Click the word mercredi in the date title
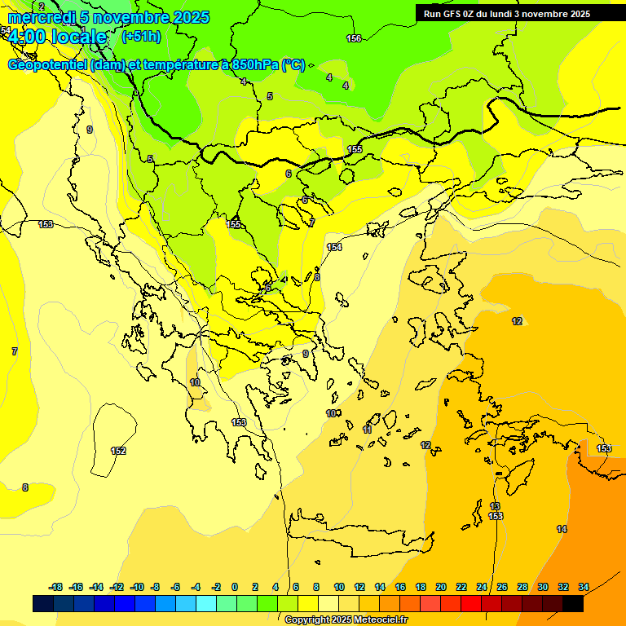pos(42,17)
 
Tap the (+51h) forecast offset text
pos(141,36)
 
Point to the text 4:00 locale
pos(57,37)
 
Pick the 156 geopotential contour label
pos(354,38)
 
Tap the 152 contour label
pos(118,451)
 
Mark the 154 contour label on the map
pos(334,247)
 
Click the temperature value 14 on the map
pos(562,529)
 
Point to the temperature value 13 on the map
pos(495,506)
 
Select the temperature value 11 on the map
pos(368,430)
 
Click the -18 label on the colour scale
pos(55,587)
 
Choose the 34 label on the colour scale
pos(584,587)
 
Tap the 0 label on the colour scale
pos(235,587)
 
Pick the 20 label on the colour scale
pos(441,587)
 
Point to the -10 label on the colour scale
pos(137,587)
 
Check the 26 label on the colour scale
pos(502,587)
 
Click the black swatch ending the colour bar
pos(573,604)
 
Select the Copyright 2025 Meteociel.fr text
pos(346,620)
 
